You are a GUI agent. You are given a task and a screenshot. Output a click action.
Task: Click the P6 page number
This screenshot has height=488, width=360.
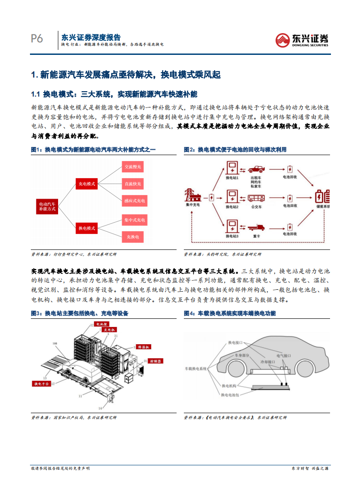pyautogui.click(x=37, y=39)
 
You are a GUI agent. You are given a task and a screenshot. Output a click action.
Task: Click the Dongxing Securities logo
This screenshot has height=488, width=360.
pyautogui.click(x=302, y=40)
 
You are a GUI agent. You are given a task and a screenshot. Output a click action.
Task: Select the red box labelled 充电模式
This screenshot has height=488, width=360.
pyautogui.click(x=87, y=184)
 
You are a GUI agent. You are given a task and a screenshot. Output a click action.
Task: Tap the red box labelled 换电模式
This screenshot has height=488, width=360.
pyautogui.click(x=87, y=228)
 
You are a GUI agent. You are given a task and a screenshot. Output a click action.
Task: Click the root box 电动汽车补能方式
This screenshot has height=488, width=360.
pyautogui.click(x=47, y=206)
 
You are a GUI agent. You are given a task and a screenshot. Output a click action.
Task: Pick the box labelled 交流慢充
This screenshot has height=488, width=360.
pyautogui.click(x=133, y=167)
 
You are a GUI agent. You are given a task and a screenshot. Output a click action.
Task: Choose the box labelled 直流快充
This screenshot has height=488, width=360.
pyautogui.click(x=133, y=184)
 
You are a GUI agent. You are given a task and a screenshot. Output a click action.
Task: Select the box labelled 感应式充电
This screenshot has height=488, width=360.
pyautogui.click(x=134, y=200)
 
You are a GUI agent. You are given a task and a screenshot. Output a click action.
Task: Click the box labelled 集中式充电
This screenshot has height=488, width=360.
pyautogui.click(x=134, y=220)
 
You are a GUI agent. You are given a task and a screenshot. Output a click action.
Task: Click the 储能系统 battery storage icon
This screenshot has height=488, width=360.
pyautogui.click(x=323, y=197)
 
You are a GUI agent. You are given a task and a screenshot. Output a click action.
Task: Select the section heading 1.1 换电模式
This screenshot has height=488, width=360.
pyautogui.click(x=114, y=94)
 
